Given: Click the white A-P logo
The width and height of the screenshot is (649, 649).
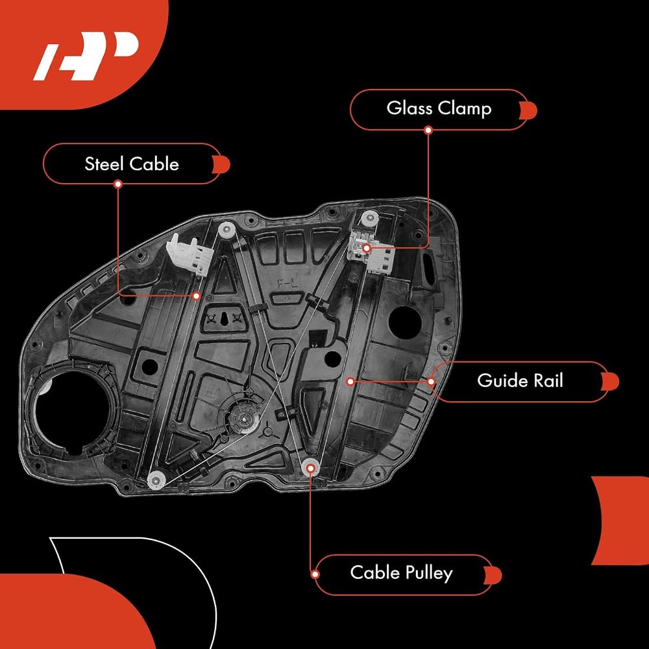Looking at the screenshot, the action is (85, 56).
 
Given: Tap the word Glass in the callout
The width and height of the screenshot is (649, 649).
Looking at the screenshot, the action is (410, 108).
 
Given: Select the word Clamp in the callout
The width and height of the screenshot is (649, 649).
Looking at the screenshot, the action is (465, 109).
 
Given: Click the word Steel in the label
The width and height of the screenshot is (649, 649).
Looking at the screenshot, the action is (105, 164).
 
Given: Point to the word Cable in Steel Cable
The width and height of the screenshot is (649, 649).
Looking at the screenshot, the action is (154, 164).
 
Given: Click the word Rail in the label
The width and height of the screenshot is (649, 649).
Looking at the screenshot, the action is (548, 380).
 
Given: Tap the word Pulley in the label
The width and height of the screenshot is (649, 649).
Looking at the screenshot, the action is (429, 574).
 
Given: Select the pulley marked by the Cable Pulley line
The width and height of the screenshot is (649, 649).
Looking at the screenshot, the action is (310, 468).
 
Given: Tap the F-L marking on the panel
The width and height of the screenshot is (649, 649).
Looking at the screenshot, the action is (287, 284).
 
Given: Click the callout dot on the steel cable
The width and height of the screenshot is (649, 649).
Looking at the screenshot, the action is (197, 296).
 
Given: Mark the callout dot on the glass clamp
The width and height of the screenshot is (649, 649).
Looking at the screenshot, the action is (366, 249).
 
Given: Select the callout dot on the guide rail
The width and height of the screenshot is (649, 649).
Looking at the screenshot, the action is (350, 381).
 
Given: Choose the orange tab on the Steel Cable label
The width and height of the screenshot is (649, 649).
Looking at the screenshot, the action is (221, 165).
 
